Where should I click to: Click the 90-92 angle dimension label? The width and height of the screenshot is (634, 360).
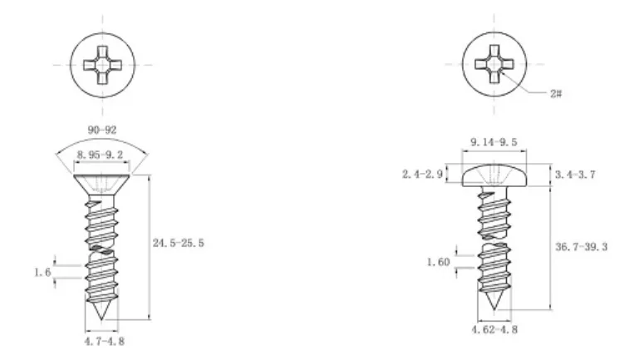pyautogui.click(x=102, y=131)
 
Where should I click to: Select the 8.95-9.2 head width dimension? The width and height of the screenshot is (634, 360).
pyautogui.click(x=100, y=155)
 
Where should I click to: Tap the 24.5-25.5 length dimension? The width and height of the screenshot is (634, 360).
pyautogui.click(x=179, y=243)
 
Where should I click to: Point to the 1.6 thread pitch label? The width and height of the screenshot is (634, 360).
pyautogui.click(x=42, y=272)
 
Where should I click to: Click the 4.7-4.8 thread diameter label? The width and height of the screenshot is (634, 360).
pyautogui.click(x=105, y=342)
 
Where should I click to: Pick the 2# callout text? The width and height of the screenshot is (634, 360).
pyautogui.click(x=556, y=94)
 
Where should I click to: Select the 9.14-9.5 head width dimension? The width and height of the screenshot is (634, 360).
pyautogui.click(x=494, y=142)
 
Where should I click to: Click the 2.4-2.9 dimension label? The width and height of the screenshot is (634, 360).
pyautogui.click(x=423, y=175)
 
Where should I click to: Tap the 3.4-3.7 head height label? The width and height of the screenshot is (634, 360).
pyautogui.click(x=575, y=175)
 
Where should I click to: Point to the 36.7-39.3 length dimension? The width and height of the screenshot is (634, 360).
pyautogui.click(x=581, y=247)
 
